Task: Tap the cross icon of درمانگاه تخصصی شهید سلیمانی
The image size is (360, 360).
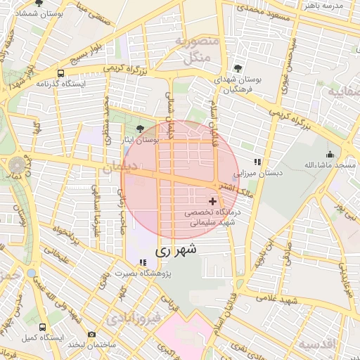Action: pos(213,201)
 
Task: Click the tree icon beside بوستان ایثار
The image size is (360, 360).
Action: pos(141,129)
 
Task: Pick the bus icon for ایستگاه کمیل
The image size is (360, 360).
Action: pos(42,327)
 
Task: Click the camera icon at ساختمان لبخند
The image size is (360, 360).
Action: pos(91,335)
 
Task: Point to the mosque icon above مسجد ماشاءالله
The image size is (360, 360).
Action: pos(330,154)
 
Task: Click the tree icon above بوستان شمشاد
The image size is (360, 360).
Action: pos(38,4)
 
